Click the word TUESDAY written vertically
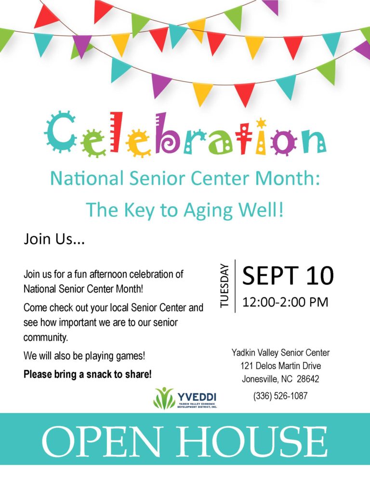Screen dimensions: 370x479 click(x=224, y=286)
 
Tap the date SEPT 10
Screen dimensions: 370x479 click(x=288, y=275)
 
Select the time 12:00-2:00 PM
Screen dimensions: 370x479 click(x=285, y=302)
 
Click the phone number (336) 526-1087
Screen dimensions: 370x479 click(x=280, y=396)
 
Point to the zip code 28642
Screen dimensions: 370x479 click(x=308, y=379)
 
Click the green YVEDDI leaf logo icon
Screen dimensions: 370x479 click(x=164, y=398)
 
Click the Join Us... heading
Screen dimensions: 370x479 click(x=54, y=239)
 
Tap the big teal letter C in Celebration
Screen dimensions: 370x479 click(x=61, y=132)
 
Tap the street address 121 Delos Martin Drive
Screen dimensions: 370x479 click(x=280, y=366)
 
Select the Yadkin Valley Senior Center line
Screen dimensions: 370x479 click(x=280, y=353)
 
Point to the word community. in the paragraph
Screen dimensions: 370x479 click(x=45, y=337)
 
